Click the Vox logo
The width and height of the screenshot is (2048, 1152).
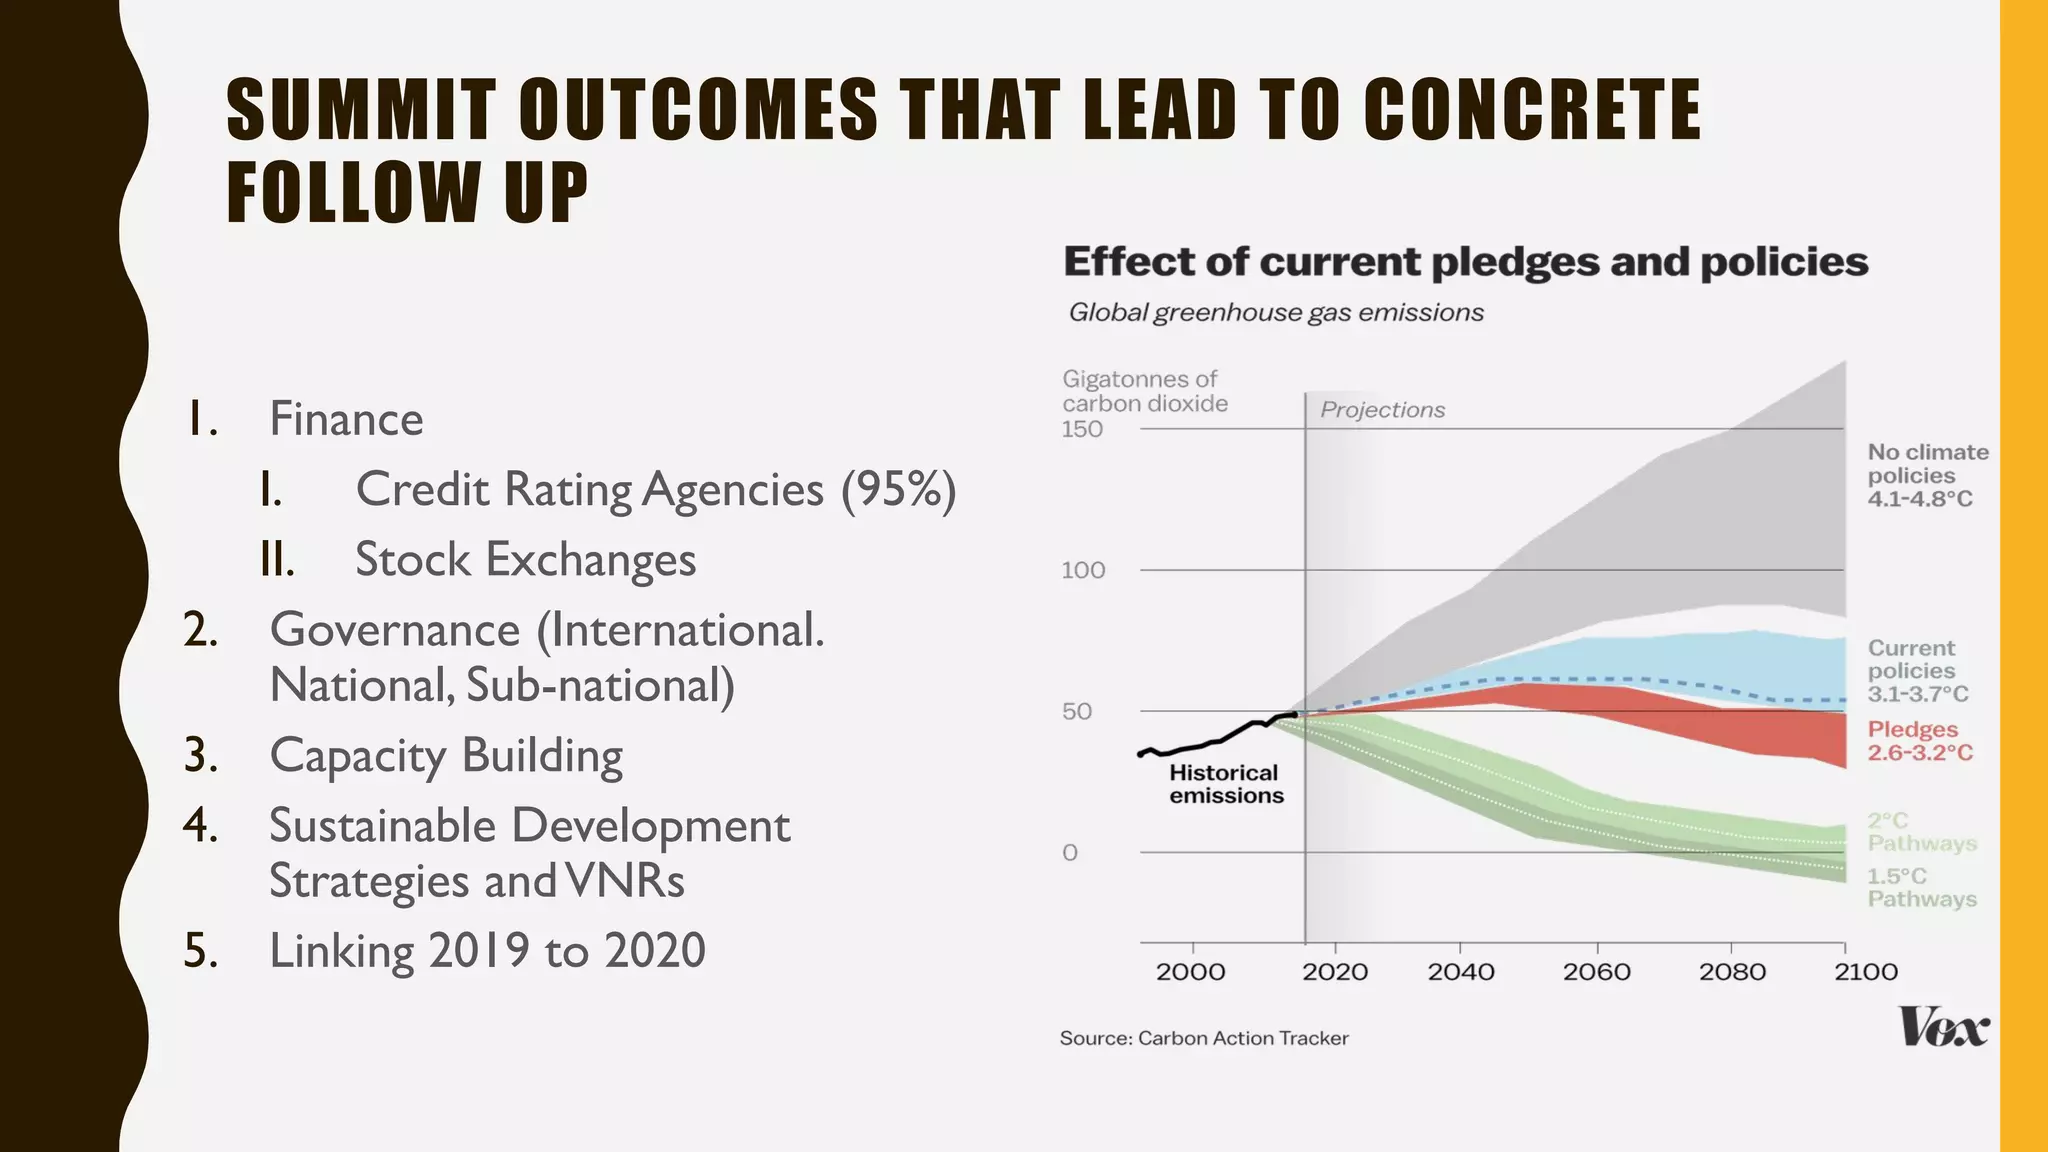(1943, 1027)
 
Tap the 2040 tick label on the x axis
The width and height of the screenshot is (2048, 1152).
(1461, 972)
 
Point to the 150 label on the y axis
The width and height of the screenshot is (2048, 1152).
(1082, 429)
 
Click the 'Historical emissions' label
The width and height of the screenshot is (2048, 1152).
(1225, 784)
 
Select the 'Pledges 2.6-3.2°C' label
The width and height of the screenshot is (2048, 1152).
(1919, 741)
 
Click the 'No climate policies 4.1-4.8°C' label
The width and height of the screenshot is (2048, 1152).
(1927, 475)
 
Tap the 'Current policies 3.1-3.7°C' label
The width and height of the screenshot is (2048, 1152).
(1917, 670)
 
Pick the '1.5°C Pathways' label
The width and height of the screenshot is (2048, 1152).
(1921, 887)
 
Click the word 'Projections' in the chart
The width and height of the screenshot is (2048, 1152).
(1382, 410)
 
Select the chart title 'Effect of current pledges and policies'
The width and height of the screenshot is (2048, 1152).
(1465, 262)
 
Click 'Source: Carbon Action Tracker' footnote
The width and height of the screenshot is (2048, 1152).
(1203, 1038)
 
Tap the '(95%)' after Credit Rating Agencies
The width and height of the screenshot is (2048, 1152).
(898, 489)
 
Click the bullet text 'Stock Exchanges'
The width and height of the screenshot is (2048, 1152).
(525, 559)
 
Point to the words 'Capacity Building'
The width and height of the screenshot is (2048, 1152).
(446, 755)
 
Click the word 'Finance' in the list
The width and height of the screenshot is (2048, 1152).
(346, 419)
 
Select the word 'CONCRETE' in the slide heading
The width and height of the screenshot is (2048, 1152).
(1531, 110)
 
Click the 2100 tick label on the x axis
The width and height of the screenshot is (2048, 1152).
(1865, 972)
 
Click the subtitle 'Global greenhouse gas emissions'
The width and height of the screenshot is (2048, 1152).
(1275, 313)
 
